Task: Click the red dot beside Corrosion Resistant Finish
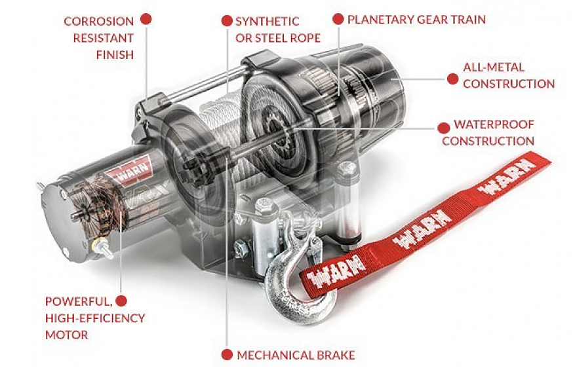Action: pyautogui.click(x=146, y=19)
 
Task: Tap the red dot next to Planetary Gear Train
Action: pyautogui.click(x=338, y=19)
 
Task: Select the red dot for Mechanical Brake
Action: pyautogui.click(x=227, y=355)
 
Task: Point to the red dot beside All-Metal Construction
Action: pyautogui.click(x=452, y=79)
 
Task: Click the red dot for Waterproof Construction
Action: pyautogui.click(x=444, y=128)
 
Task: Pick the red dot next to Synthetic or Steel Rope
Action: pyautogui.click(x=227, y=20)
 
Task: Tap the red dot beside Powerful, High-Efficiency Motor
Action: pyautogui.click(x=121, y=301)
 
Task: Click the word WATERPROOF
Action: pyautogui.click(x=494, y=124)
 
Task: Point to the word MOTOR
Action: pyautogui.click(x=67, y=335)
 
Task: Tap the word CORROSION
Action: pyautogui.click(x=99, y=21)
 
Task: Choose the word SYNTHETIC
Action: pyautogui.click(x=268, y=21)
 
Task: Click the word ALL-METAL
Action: pyautogui.click(x=494, y=67)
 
